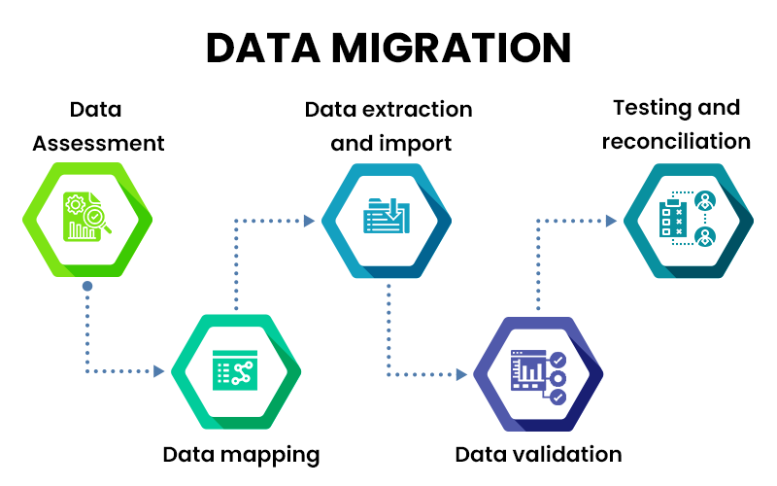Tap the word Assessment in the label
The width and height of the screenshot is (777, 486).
pyautogui.click(x=98, y=143)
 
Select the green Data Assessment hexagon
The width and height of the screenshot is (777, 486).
pyautogui.click(x=87, y=218)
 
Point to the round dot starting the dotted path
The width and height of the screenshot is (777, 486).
pyautogui.click(x=87, y=287)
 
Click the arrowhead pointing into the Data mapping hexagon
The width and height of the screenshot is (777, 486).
pyautogui.click(x=158, y=370)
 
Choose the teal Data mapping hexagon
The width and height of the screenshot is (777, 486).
pyautogui.click(x=236, y=371)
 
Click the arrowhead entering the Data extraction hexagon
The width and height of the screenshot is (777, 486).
pyautogui.click(x=309, y=221)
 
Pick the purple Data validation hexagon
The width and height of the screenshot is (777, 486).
pyautogui.click(x=538, y=372)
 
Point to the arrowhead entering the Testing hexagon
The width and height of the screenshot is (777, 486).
pyautogui.click(x=611, y=221)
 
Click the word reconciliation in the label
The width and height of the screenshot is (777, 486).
pyautogui.click(x=676, y=141)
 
